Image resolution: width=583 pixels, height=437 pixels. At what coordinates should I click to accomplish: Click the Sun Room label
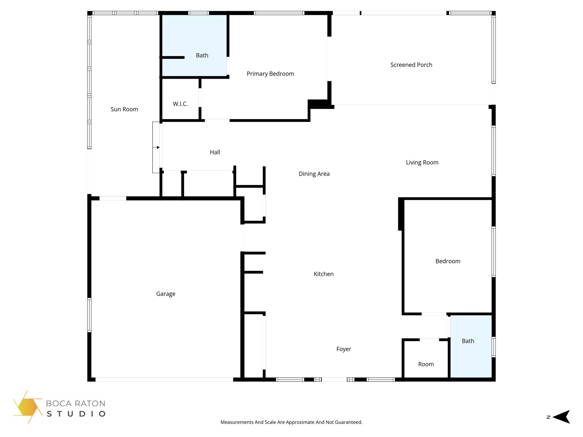click(x=124, y=109)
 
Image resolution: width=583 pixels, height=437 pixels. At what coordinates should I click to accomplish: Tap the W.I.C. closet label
click(x=180, y=104)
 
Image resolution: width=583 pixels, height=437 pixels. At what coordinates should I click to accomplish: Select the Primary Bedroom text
click(x=270, y=74)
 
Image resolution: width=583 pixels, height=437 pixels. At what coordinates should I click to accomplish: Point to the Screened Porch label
click(x=411, y=65)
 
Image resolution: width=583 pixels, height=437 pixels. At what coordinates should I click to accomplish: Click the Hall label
click(x=215, y=152)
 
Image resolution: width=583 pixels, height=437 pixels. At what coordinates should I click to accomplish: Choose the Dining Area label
click(x=314, y=174)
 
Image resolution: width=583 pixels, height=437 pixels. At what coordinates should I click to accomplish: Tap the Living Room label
click(x=422, y=162)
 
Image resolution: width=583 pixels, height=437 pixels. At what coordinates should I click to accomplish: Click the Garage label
click(x=166, y=294)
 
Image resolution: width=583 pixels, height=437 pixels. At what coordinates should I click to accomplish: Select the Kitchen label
click(x=323, y=274)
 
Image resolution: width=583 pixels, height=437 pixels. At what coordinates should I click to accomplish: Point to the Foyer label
click(x=344, y=349)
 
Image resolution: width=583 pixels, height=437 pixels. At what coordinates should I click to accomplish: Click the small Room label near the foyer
click(x=426, y=364)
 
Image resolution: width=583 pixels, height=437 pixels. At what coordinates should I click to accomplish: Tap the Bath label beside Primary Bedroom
click(x=202, y=55)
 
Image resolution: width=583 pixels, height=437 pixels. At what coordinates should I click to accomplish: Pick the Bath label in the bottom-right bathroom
click(x=468, y=341)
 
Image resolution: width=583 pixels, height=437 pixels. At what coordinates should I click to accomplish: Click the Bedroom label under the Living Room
click(x=447, y=261)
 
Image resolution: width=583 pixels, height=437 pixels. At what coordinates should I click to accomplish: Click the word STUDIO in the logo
click(x=76, y=414)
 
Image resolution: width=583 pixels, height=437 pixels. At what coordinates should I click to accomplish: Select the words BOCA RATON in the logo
click(x=75, y=403)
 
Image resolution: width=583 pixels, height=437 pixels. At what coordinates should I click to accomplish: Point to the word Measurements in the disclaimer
click(x=237, y=422)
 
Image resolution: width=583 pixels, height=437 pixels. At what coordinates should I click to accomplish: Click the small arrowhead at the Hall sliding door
click(x=158, y=147)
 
